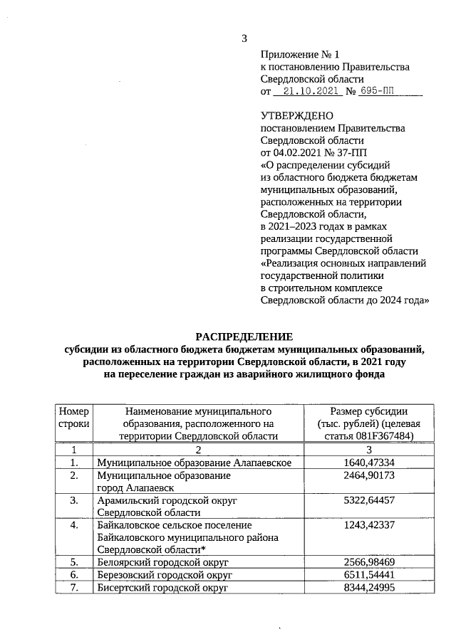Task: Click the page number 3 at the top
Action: coord(244,38)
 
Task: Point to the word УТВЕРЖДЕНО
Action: coord(296,115)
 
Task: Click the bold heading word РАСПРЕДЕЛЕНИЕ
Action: coord(244,336)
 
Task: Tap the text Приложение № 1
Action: coord(301,54)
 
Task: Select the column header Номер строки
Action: coord(73,417)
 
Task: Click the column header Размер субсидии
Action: coord(368,411)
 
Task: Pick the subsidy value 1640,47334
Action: coord(369,463)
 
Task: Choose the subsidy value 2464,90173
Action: coord(369,475)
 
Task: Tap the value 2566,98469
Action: coord(369,563)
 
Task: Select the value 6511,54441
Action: coord(369,576)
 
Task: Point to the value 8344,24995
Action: coord(369,588)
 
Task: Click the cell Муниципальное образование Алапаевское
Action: coord(195,463)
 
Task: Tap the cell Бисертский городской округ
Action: coord(162,588)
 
